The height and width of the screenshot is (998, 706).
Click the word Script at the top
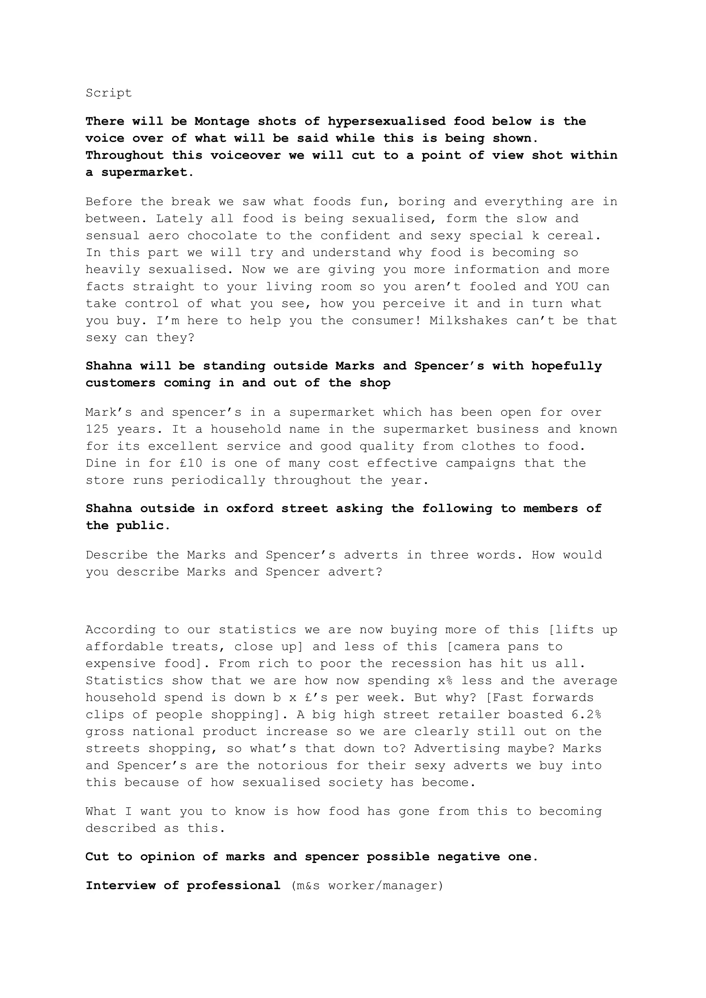click(x=109, y=93)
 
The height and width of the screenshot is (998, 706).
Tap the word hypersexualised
click(x=386, y=121)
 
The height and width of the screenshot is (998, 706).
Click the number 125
click(x=97, y=429)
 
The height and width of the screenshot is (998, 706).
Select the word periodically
click(x=218, y=480)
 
